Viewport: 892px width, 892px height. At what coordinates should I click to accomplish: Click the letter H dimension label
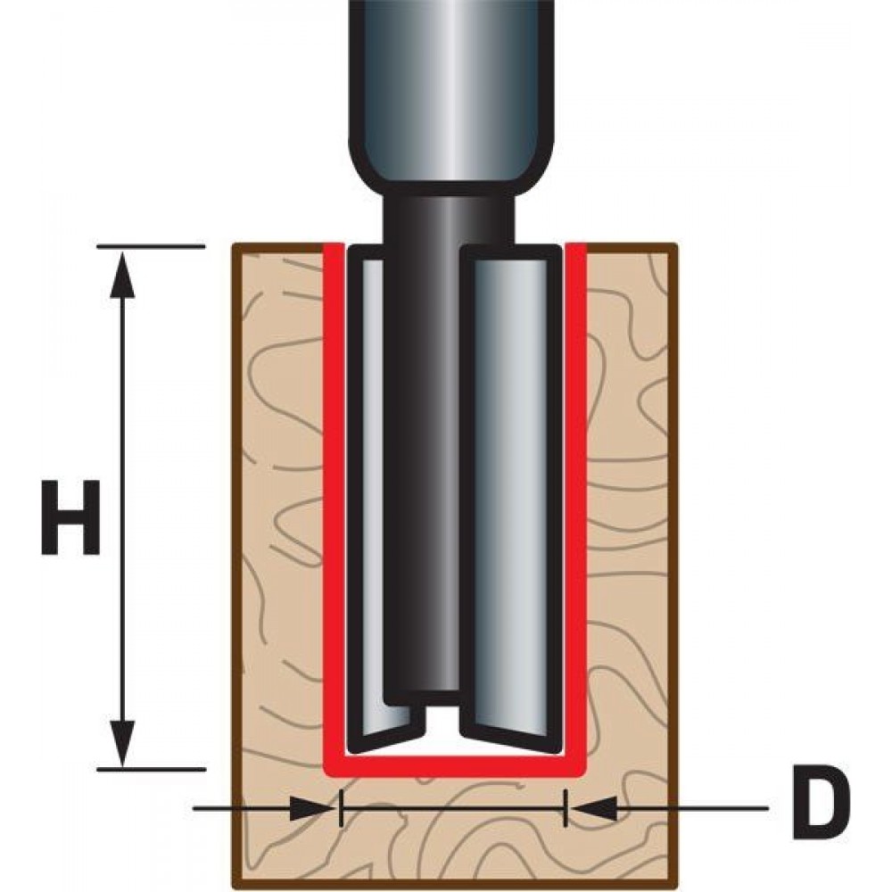click(x=71, y=517)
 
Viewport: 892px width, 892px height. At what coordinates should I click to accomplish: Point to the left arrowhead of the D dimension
click(x=311, y=808)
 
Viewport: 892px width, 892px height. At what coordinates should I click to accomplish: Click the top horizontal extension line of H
click(x=151, y=246)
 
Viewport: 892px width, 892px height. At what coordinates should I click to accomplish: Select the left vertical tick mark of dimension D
click(x=340, y=808)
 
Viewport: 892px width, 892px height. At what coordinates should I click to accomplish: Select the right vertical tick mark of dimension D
click(x=566, y=808)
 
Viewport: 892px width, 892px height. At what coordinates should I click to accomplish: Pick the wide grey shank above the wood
click(x=451, y=94)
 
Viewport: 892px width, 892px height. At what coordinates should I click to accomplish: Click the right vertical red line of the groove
click(x=575, y=591)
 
